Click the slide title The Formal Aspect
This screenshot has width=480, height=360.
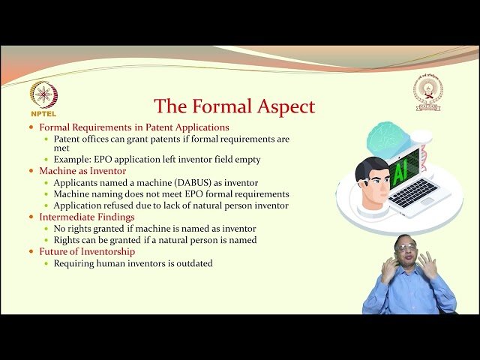point(234,106)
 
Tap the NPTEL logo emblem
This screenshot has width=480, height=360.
point(43,94)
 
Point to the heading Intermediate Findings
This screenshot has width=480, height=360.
point(88,217)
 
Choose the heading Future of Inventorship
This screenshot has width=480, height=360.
point(87,251)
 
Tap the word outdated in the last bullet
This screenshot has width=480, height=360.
point(191,263)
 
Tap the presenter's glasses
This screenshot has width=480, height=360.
point(406,251)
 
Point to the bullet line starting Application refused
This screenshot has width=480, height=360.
point(171,205)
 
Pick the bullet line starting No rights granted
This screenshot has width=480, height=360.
point(154,229)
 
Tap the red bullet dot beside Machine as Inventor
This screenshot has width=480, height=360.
point(31,172)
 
